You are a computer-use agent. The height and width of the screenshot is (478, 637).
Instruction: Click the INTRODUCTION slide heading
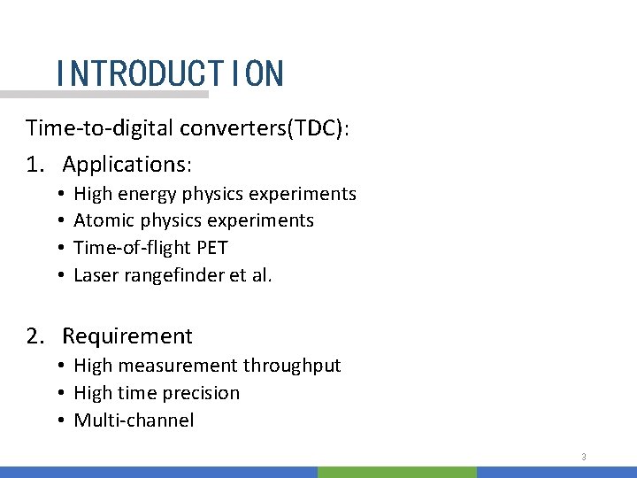coord(169,73)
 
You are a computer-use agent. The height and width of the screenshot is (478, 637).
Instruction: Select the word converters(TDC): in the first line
coord(265,128)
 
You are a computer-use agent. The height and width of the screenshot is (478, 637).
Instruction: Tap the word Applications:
coord(127,165)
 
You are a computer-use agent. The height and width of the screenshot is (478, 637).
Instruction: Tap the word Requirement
coord(127,336)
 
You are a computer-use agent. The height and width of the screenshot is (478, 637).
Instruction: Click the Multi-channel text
coord(134,420)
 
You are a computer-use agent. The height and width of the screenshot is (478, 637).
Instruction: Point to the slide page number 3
coord(584,457)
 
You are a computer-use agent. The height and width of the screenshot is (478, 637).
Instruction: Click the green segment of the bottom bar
coord(396,473)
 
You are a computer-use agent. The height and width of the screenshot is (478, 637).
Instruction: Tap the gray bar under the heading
coord(104,94)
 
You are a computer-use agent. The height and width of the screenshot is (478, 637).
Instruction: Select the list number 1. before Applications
coord(35,165)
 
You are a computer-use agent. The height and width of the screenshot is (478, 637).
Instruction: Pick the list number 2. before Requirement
coord(35,336)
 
